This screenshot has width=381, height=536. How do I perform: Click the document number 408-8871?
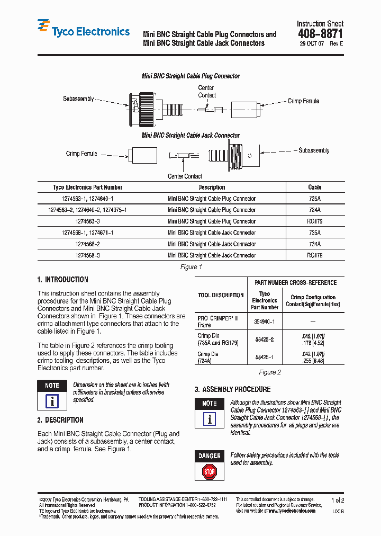point(320,33)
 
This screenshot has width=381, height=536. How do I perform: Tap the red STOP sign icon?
point(210,471)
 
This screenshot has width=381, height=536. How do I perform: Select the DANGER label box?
point(210,455)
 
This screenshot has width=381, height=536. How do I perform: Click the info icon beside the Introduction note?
point(52,400)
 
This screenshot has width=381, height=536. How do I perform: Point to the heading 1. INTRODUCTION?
point(63,280)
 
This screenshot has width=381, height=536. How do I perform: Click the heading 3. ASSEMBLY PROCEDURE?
point(232,389)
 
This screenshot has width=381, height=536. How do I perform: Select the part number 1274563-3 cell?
point(87,221)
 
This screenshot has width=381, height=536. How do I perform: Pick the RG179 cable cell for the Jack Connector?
point(314,255)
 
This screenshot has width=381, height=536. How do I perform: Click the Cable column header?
point(315,187)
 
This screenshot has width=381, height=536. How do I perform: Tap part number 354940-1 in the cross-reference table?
point(265,321)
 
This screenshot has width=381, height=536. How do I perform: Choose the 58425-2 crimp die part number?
point(265,338)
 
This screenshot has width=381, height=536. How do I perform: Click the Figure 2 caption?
point(270,372)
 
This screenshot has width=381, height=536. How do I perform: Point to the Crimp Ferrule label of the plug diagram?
point(303,101)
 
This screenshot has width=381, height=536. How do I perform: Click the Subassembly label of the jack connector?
point(314,150)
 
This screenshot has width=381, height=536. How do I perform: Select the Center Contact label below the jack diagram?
point(185,176)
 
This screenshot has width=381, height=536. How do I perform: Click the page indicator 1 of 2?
point(337,500)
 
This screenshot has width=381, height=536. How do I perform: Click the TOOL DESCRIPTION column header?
point(221,296)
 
